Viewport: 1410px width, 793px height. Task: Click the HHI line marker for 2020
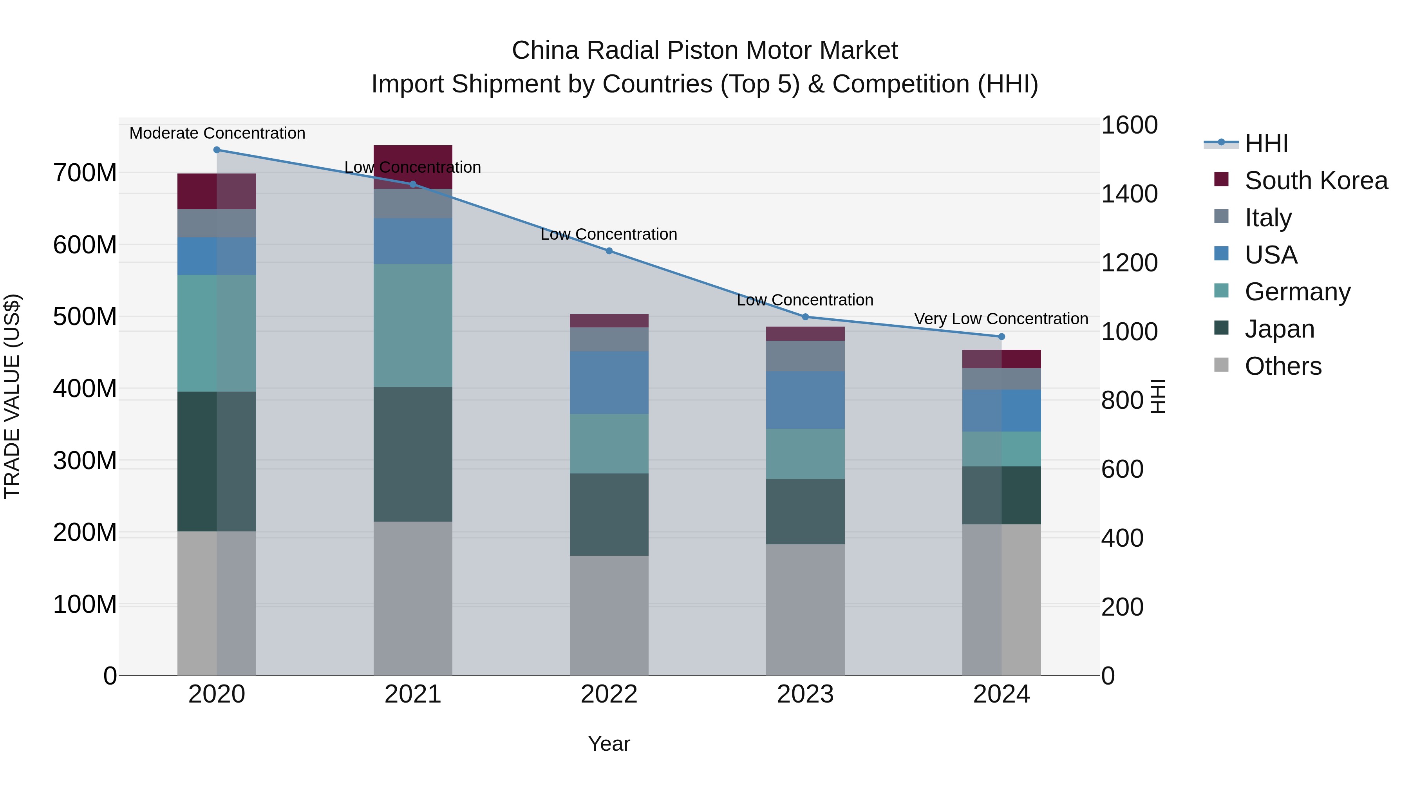217,150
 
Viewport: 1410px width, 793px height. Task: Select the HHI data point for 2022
609,251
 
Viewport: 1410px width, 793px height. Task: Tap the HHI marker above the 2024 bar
1001,336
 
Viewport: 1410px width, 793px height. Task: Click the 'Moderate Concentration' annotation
217,133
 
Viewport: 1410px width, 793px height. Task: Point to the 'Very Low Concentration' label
1001,318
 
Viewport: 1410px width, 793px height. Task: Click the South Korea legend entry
1316,181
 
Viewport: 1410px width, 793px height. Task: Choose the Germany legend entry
1297,292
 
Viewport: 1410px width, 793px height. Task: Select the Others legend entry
1283,366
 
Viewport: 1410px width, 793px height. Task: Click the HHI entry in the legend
1266,143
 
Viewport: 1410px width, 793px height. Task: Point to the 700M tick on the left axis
85,173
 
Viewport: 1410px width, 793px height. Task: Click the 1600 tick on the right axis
1129,125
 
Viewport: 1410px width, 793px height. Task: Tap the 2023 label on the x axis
805,694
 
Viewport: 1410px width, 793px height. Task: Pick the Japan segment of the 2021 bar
413,454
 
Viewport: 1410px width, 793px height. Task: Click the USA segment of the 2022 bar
609,383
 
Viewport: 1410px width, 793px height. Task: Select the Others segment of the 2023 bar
805,610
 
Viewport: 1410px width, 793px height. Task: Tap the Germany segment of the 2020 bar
217,333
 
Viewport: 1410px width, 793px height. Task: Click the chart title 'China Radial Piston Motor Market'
705,51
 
